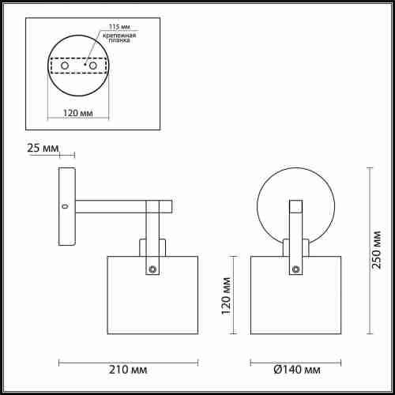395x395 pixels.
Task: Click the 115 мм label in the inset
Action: coord(119,27)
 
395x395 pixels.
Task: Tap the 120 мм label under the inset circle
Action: coord(78,113)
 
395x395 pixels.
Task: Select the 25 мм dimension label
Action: coord(43,148)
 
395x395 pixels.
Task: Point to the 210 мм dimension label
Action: coord(128,370)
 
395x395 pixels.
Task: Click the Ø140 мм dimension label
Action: coord(297,370)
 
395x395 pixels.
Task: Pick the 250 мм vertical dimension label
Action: coord(377,250)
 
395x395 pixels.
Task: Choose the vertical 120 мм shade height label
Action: coord(226,295)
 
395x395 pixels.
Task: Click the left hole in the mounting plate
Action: coord(65,66)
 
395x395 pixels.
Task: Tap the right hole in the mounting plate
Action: coord(93,66)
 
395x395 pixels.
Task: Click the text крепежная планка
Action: coord(119,38)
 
